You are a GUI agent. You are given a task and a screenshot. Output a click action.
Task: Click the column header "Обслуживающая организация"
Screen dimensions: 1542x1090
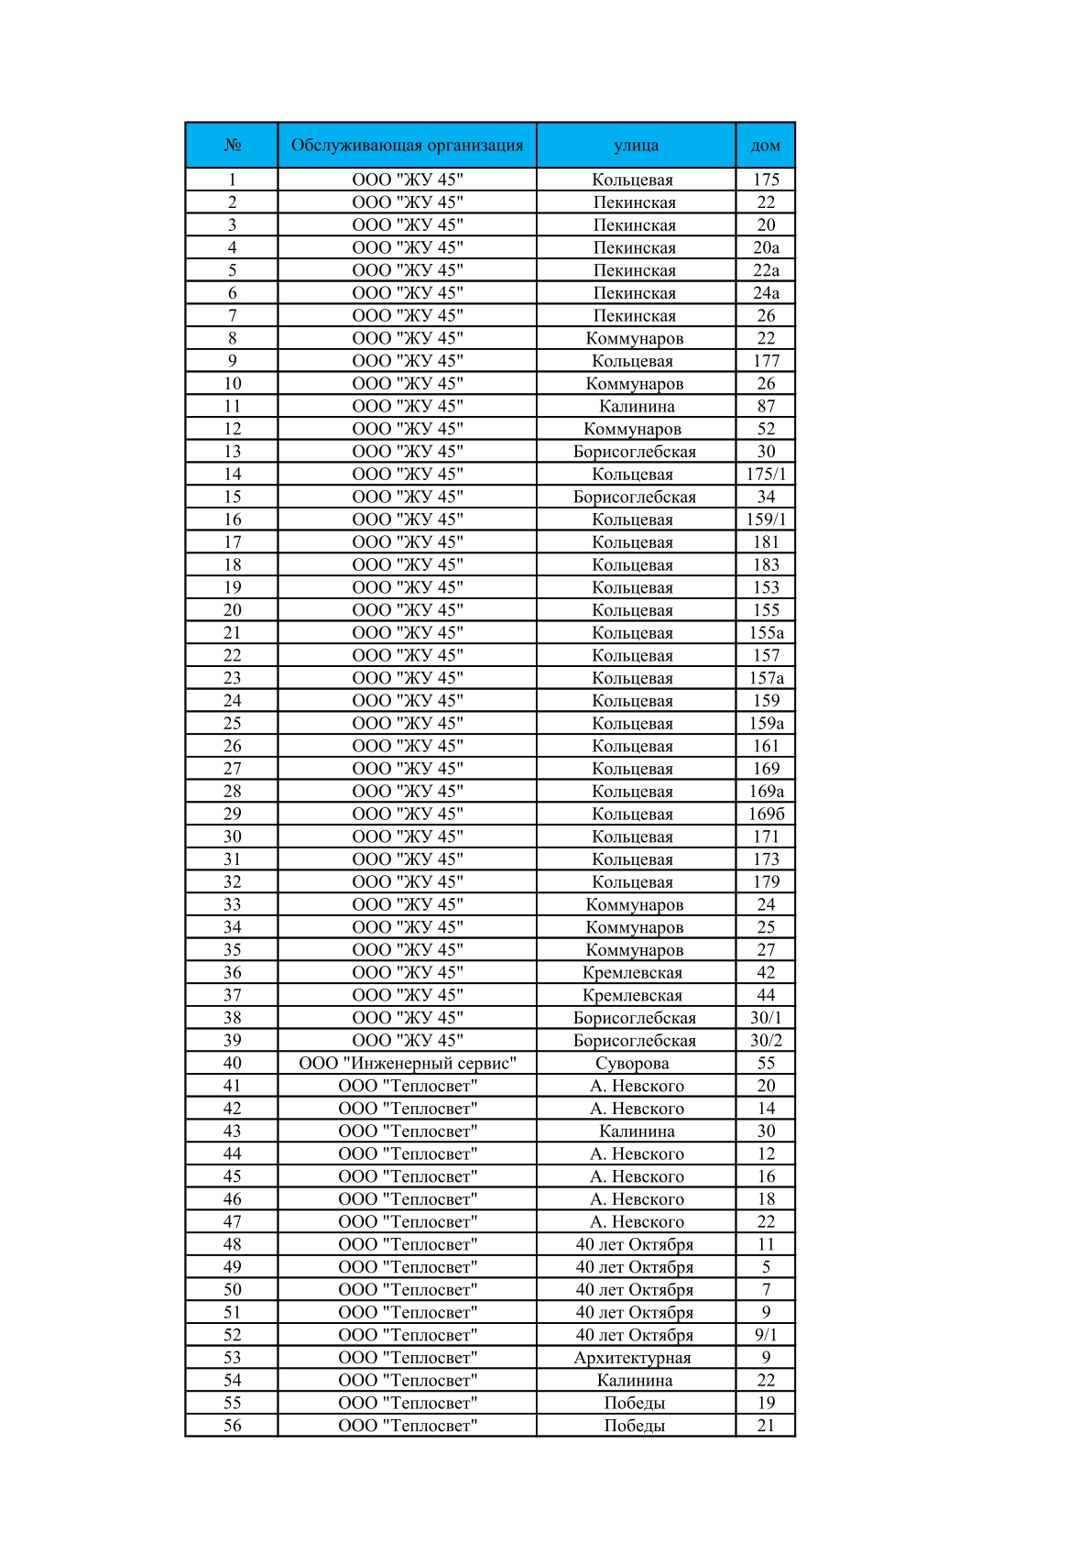pyautogui.click(x=407, y=145)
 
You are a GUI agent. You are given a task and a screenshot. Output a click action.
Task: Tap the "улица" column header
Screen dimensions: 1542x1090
pyautogui.click(x=636, y=145)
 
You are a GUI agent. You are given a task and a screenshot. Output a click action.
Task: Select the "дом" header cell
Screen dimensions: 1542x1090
pyautogui.click(x=765, y=145)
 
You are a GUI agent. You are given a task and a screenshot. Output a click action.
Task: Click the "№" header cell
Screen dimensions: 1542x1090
pyautogui.click(x=232, y=145)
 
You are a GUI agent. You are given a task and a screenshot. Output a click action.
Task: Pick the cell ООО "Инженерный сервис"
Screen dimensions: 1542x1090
pyautogui.click(x=407, y=1063)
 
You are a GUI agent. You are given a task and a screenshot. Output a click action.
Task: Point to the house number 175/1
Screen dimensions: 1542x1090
pyautogui.click(x=766, y=474)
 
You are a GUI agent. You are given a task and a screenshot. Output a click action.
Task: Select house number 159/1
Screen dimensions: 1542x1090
pyautogui.click(x=766, y=519)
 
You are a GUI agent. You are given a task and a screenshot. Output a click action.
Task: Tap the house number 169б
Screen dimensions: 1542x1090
pyautogui.click(x=766, y=814)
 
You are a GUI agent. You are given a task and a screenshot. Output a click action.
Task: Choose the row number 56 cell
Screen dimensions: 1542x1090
pyautogui.click(x=232, y=1426)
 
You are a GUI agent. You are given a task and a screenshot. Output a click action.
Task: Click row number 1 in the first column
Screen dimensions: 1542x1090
pyautogui.click(x=232, y=180)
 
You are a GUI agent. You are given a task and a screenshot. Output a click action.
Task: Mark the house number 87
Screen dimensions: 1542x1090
pyautogui.click(x=766, y=406)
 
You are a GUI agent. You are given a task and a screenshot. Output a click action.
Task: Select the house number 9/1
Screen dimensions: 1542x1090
pyautogui.click(x=766, y=1335)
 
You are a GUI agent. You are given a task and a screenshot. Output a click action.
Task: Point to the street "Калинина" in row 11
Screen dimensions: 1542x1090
pyautogui.click(x=637, y=406)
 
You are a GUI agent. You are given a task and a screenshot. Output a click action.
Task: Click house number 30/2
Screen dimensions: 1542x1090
pyautogui.click(x=766, y=1040)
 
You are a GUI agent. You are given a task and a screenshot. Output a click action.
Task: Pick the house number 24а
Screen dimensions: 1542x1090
pyautogui.click(x=766, y=293)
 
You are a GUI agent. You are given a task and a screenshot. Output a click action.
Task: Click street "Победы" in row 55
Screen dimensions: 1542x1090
pyautogui.click(x=634, y=1403)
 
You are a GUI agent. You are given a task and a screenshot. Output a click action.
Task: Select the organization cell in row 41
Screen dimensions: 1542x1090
pyautogui.click(x=407, y=1086)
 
